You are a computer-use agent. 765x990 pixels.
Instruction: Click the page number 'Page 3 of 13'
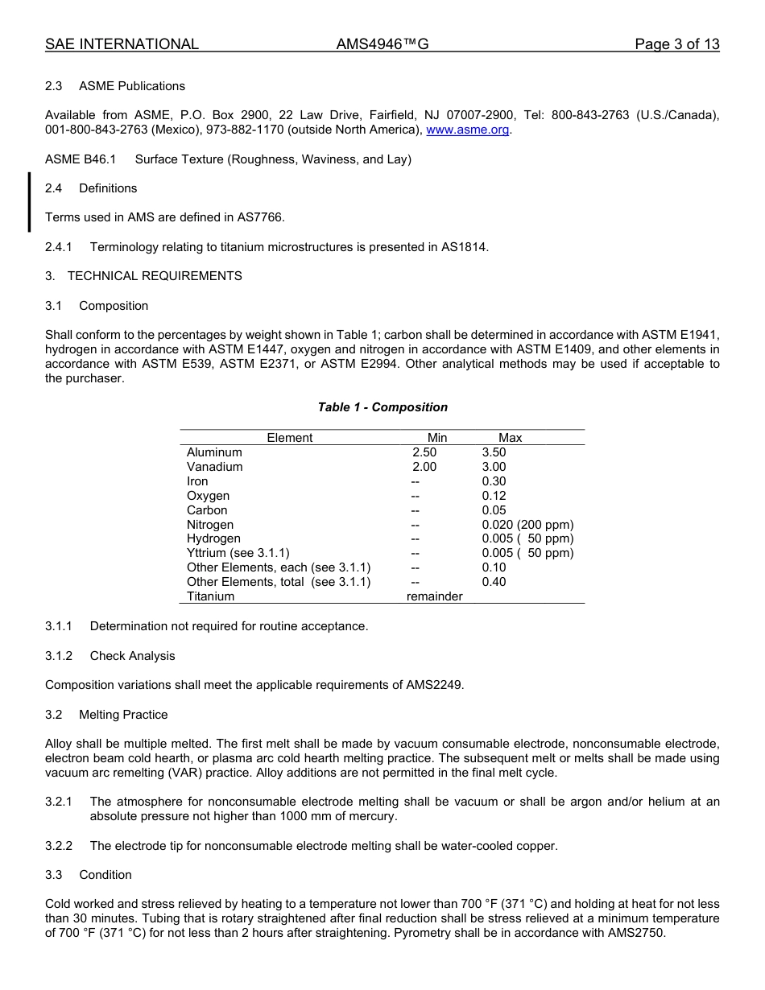(676, 44)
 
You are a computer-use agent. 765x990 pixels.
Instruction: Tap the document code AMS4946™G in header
(382, 44)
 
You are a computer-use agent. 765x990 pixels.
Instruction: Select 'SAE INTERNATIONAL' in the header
(122, 44)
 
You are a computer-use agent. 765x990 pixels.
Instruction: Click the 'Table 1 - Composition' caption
(382, 407)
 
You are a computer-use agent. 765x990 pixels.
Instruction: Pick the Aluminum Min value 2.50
(424, 452)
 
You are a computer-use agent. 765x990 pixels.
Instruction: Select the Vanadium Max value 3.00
(494, 467)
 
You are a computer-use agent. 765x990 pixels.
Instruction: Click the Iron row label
(197, 481)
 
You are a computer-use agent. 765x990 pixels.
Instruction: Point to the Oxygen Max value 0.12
(494, 496)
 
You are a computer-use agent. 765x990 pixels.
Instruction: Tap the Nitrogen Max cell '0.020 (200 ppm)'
(527, 525)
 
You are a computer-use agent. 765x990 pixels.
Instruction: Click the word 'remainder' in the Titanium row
(434, 596)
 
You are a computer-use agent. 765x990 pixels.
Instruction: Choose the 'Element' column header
(290, 438)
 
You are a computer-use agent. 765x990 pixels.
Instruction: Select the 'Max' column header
(510, 438)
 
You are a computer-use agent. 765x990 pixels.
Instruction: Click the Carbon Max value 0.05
(494, 510)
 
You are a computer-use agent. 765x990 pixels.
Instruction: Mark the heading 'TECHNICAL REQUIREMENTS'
(155, 276)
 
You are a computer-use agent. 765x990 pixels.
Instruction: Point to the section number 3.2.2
(59, 846)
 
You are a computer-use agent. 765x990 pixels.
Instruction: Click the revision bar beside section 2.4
(30, 202)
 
